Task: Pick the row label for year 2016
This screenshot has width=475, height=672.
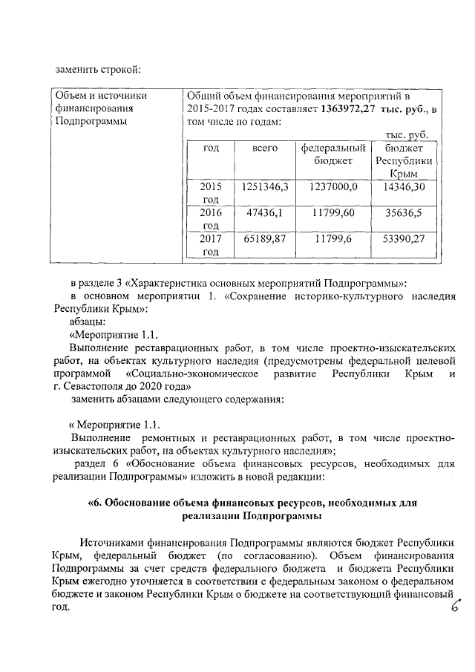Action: [211, 218]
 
